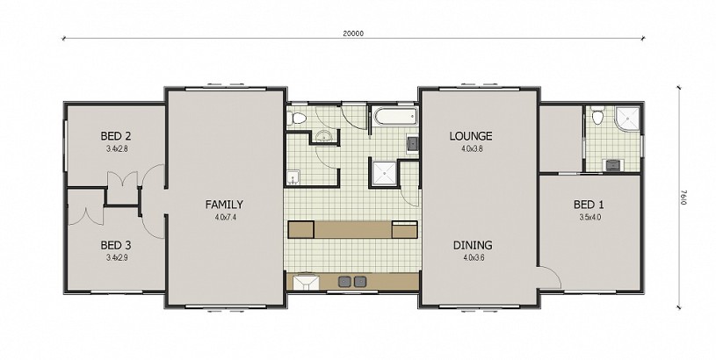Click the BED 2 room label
(116, 136)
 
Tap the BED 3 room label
(116, 246)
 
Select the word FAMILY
(224, 205)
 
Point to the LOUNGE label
(471, 136)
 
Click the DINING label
(473, 246)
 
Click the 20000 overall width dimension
(353, 32)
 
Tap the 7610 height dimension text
(683, 198)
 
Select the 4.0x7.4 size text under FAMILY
(225, 217)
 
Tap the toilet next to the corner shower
(597, 116)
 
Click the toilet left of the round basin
(297, 118)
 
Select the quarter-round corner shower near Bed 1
(628, 119)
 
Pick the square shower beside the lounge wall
(385, 173)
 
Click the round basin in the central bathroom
(324, 136)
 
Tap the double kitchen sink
(352, 282)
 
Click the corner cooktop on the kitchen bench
(306, 282)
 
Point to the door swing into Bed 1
(550, 277)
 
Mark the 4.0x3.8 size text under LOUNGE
(472, 148)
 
